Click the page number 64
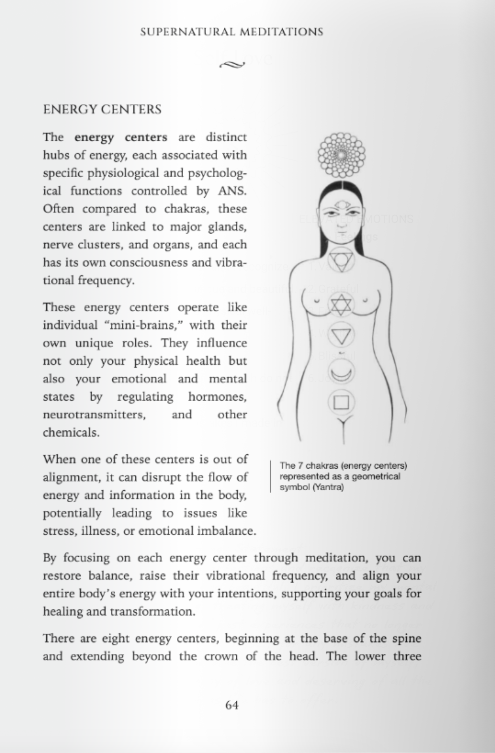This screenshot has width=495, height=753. pos(232,705)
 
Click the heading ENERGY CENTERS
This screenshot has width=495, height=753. pos(102,109)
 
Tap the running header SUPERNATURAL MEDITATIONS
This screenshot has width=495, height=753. pos(232,32)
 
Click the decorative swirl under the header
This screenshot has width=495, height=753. pos(232,64)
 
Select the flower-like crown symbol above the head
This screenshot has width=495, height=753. pos(341,155)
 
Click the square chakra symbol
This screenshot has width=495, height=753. pos(341,402)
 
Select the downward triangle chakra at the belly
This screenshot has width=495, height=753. pos(341,336)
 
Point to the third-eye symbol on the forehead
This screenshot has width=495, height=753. pos(341,205)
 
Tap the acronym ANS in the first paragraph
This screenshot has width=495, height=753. pos(232,191)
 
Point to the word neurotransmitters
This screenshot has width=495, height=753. pos(94,415)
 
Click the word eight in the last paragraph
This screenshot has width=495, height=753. pos(115,639)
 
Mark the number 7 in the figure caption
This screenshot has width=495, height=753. pos(300,466)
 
